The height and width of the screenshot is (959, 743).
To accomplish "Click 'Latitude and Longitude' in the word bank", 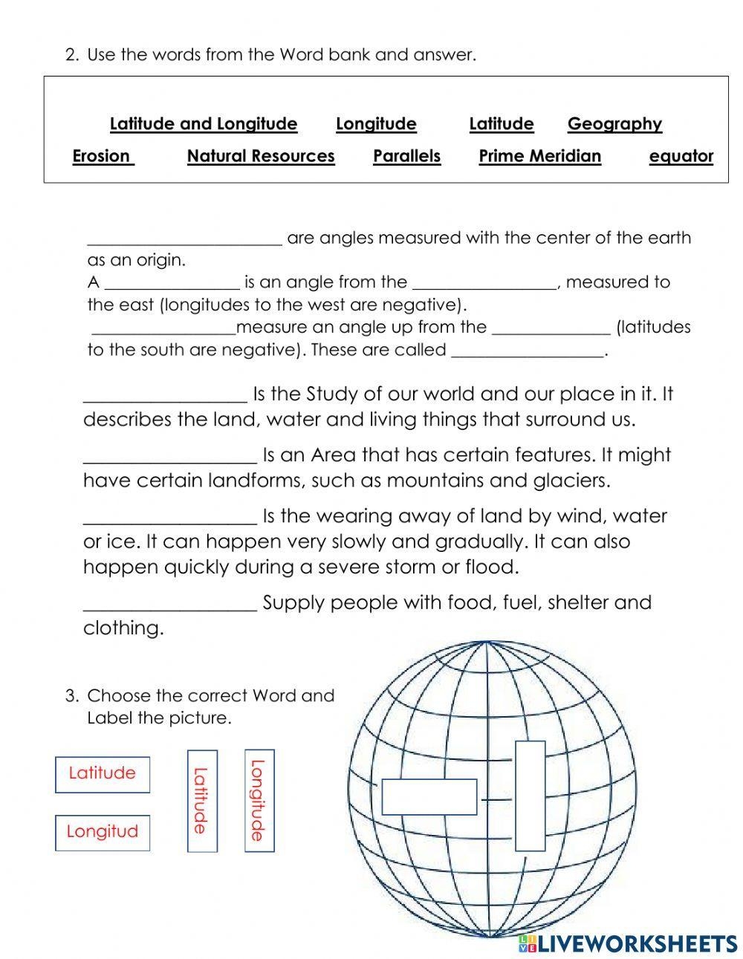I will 203,124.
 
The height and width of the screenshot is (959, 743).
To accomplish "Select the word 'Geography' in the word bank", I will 614,124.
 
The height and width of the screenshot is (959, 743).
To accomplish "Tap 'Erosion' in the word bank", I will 103,156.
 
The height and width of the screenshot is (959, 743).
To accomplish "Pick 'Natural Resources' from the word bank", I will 261,156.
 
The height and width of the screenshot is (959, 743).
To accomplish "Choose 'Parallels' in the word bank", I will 406,156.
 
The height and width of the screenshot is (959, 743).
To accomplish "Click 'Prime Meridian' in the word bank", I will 539,156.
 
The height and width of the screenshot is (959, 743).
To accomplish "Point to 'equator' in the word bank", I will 681,156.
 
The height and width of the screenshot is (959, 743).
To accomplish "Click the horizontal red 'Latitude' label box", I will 102,773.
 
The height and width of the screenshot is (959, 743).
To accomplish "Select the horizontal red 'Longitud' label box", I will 102,832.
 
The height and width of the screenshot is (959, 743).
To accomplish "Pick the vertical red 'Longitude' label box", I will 259,800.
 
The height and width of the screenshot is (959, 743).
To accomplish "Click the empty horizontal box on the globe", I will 429,797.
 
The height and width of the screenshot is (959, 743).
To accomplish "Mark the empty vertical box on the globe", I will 530,796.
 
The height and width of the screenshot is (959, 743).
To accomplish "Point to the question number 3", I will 71,696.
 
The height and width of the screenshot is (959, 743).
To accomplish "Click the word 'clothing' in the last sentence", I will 122,628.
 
